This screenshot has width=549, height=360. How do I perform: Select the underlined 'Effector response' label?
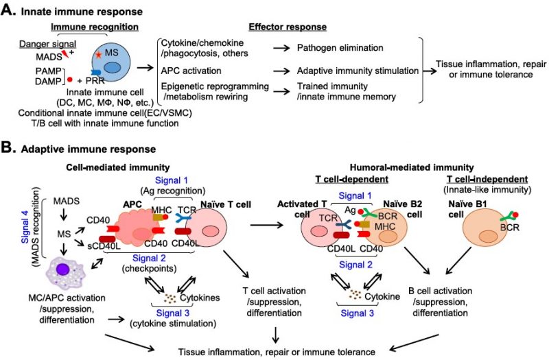287,25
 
